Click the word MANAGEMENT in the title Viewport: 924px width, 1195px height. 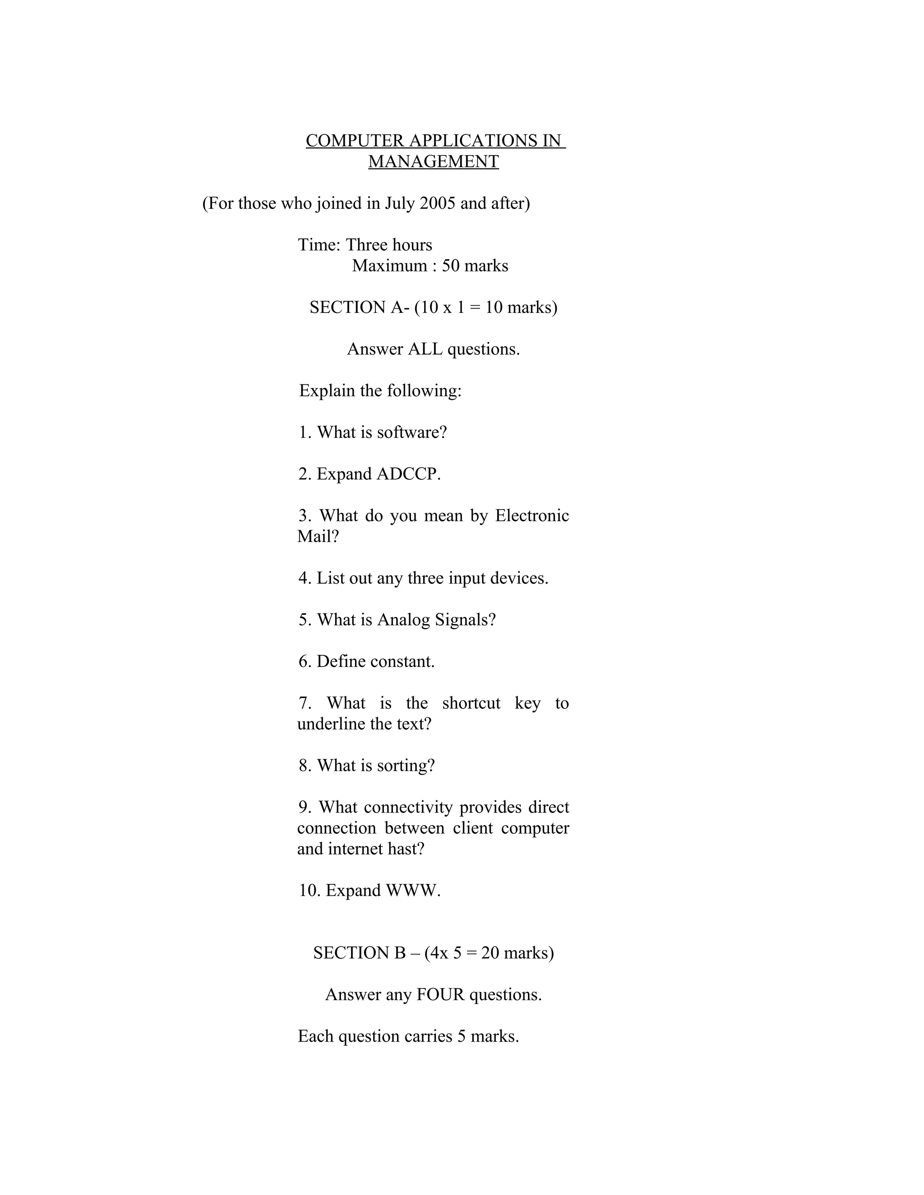click(433, 161)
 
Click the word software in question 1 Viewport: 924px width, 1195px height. click(411, 432)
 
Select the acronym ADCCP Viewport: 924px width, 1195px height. click(408, 474)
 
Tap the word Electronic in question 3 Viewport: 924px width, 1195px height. click(531, 515)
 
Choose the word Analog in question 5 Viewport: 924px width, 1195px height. click(403, 620)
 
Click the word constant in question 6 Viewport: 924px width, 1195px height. click(403, 662)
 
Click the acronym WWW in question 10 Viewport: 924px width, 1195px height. click(413, 890)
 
